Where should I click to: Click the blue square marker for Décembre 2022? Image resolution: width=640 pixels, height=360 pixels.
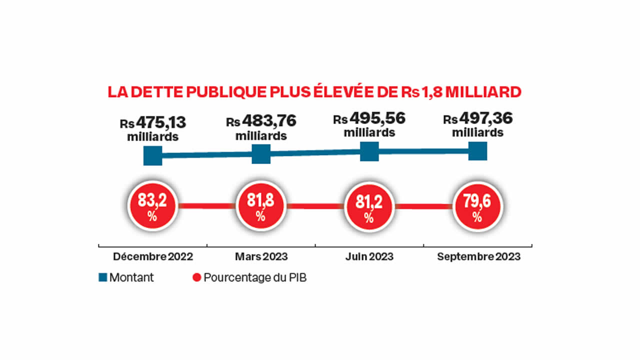[153, 155]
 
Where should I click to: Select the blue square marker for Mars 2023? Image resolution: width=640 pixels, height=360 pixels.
[261, 154]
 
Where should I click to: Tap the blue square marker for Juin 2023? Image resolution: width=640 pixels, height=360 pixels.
[369, 151]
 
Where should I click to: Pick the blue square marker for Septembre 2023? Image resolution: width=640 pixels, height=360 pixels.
[477, 150]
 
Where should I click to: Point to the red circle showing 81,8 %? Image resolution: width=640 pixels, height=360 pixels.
[260, 205]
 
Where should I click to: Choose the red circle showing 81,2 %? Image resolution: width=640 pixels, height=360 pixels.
[369, 206]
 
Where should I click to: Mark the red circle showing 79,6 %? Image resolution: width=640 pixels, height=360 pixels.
[477, 206]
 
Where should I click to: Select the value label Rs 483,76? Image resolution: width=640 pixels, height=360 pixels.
[261, 121]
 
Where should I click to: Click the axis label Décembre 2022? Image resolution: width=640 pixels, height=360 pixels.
[153, 257]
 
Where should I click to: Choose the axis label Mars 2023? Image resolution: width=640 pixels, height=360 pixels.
[261, 257]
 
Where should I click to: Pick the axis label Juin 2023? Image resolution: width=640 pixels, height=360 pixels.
[369, 257]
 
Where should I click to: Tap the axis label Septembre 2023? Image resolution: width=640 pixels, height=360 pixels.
[478, 257]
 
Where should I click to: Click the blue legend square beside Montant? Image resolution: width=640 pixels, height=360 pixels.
[102, 278]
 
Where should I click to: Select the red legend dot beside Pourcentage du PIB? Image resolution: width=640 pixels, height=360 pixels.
[196, 278]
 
